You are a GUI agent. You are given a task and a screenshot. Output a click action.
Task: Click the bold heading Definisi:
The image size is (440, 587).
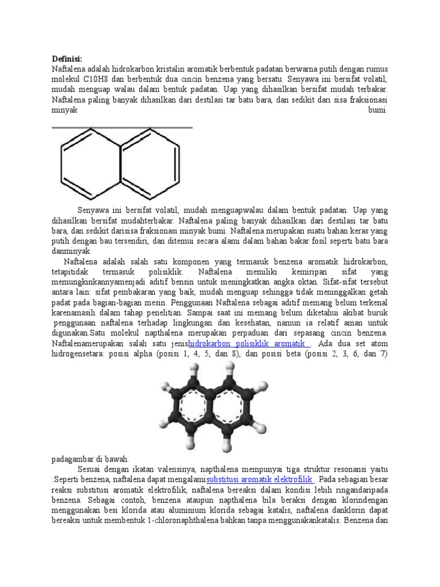pos(67,58)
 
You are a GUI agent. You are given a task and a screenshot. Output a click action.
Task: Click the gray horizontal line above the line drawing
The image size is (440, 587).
pos(122,127)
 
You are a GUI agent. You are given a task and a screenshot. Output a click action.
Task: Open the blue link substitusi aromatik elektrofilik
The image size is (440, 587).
pos(260,479)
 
